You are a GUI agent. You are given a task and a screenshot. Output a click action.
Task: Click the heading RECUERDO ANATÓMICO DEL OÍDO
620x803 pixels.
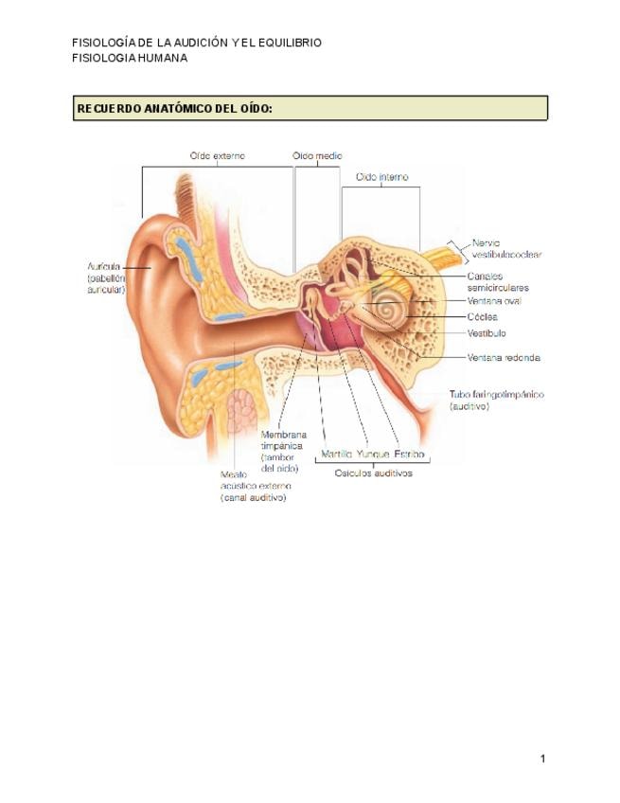[x=174, y=109]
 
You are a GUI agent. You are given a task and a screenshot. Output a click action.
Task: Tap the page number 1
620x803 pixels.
[x=543, y=758]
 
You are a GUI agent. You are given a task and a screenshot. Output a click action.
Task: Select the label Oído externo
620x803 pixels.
[x=217, y=156]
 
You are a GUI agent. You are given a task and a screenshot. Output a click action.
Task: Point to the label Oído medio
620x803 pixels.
[x=317, y=156]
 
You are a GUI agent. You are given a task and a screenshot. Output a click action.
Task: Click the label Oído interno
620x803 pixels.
[x=381, y=177]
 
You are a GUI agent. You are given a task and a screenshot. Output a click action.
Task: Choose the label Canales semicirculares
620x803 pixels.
[x=497, y=281]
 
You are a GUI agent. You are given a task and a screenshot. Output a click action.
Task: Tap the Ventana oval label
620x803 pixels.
[x=494, y=301]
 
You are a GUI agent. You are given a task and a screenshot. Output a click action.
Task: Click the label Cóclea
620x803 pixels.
[x=482, y=317]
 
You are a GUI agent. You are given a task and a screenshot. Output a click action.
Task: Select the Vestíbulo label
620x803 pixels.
[x=487, y=333]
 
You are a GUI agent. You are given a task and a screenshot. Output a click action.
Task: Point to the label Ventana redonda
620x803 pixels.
[x=504, y=357]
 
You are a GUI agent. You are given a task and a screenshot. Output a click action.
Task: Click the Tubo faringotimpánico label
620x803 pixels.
[x=496, y=400]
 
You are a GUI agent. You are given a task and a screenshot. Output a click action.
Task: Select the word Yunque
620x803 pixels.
[x=373, y=455]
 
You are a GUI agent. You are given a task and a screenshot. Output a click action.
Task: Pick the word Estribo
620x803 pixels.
[x=409, y=455]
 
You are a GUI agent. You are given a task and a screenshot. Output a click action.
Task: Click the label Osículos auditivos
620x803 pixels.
[x=374, y=473]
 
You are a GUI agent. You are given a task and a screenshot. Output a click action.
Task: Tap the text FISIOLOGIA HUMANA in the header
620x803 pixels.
[x=130, y=58]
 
